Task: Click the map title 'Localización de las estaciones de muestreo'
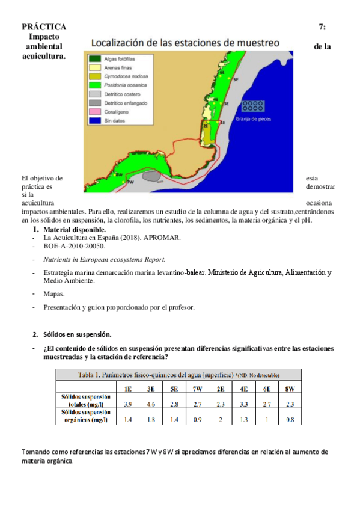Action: [185, 43]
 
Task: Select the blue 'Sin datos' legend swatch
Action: [94, 120]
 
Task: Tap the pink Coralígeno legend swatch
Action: [94, 112]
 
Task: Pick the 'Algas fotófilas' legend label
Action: [120, 59]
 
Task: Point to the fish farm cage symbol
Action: [254, 106]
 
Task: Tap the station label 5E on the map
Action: [236, 79]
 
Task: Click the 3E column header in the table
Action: [151, 389]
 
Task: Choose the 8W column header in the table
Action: [290, 389]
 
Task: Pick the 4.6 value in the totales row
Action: [151, 404]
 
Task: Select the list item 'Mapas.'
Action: [55, 295]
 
